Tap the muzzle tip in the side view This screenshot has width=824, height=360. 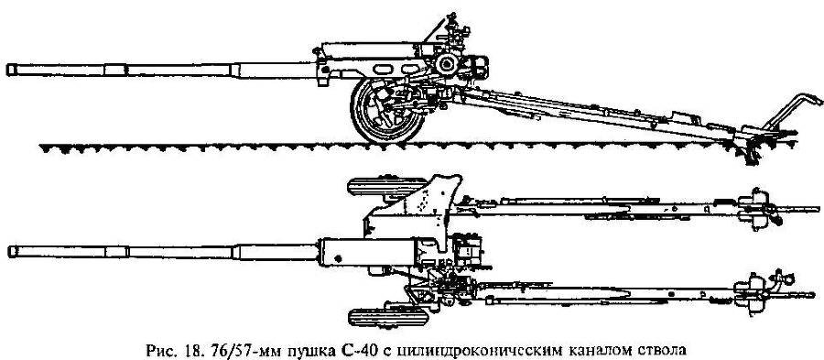[9, 69]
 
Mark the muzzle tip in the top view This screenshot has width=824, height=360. [9, 250]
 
